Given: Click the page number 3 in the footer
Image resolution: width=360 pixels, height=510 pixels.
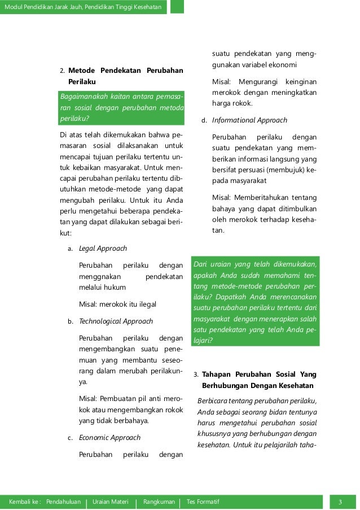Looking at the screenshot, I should click(340, 502).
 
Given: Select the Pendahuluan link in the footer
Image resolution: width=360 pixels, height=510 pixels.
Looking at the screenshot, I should click(63, 502).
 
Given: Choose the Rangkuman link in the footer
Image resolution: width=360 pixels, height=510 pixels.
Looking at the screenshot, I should click(159, 502).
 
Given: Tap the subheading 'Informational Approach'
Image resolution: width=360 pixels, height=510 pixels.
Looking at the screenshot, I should click(249, 120).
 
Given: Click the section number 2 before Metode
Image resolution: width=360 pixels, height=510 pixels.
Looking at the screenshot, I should click(62, 71).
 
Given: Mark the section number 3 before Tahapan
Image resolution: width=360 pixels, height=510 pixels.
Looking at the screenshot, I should click(195, 374).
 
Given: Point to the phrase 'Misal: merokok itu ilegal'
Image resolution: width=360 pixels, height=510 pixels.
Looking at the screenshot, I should click(117, 304).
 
